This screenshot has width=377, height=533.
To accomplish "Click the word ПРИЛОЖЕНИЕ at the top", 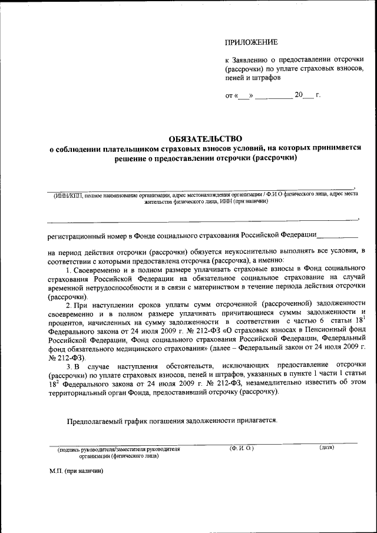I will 250,42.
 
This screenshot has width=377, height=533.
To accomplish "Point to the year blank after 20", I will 308,95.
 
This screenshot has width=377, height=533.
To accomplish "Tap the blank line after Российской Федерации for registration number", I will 338,235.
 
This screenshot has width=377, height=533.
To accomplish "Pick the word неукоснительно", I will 234,251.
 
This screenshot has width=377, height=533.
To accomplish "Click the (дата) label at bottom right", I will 326,448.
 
